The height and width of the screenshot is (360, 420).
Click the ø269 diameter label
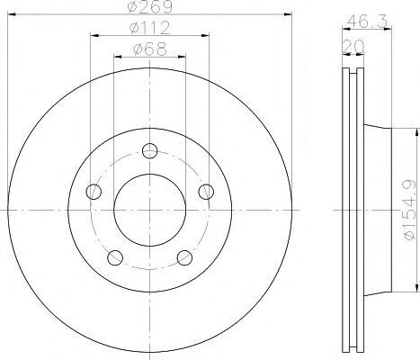click(150, 6)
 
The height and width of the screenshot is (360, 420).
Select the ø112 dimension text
click(150, 28)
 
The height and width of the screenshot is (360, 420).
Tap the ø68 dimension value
click(150, 49)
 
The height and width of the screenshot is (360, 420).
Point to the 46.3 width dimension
click(368, 21)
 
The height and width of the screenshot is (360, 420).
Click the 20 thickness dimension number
click(353, 46)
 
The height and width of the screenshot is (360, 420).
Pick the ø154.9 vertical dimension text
click(410, 210)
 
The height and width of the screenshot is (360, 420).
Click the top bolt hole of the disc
click(150, 150)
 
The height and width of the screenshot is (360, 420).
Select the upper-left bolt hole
click(94, 192)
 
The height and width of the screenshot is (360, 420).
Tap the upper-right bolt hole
click(206, 192)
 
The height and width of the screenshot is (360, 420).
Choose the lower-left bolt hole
click(115, 257)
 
